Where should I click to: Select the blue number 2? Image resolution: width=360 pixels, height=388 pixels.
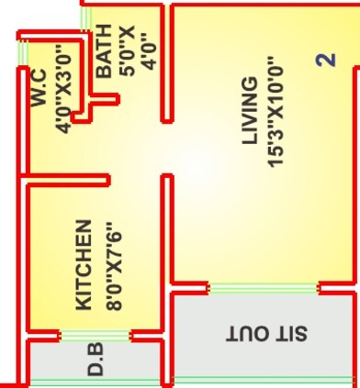[325, 61]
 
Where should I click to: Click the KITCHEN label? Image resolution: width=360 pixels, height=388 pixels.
[83, 263]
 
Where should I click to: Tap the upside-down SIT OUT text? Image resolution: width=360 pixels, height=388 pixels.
[266, 332]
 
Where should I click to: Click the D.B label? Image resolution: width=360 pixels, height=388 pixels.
[96, 360]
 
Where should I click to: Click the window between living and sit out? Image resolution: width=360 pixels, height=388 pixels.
[264, 288]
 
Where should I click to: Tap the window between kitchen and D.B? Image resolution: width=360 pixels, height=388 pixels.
[96, 335]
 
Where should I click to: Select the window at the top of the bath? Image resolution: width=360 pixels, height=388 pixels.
[85, 17]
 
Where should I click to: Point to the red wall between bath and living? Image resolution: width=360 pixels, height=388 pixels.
[166, 64]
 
